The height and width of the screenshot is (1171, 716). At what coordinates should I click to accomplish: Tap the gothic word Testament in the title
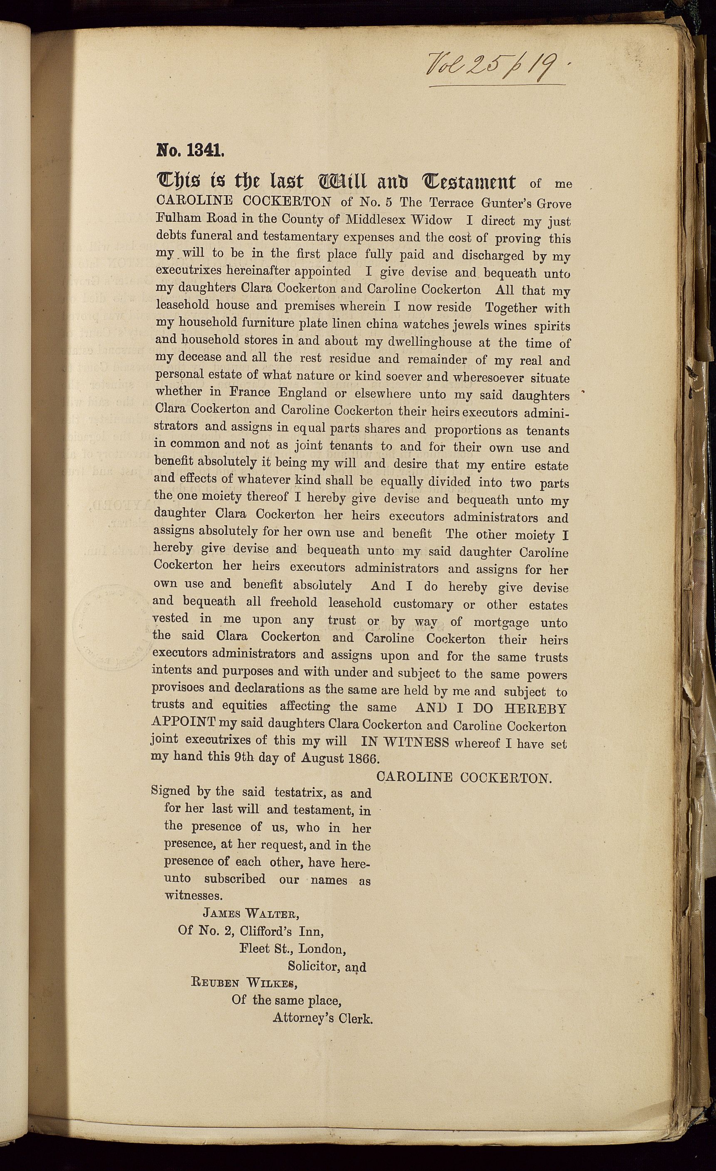(x=468, y=181)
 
